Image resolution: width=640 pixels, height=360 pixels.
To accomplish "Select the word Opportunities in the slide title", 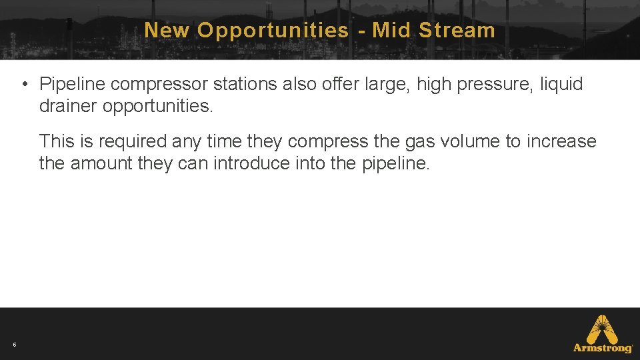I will pyautogui.click(x=273, y=30).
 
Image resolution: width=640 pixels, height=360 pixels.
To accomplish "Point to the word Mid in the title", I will pyautogui.click(x=392, y=30).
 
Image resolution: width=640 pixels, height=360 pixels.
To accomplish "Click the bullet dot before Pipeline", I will pyautogui.click(x=23, y=84).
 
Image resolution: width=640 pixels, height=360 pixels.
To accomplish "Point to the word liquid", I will pyautogui.click(x=561, y=84).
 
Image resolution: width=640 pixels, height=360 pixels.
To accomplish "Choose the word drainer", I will pyautogui.click(x=68, y=106).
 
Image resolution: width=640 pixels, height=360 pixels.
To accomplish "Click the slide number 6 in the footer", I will pyautogui.click(x=14, y=345).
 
